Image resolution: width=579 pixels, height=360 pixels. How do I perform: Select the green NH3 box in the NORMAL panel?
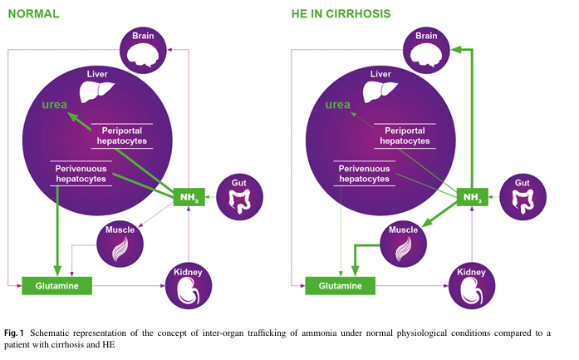tap(189, 197)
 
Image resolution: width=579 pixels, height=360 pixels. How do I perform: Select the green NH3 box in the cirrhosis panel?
tap(473, 197)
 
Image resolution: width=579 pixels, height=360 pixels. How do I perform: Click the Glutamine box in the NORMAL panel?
tap(57, 286)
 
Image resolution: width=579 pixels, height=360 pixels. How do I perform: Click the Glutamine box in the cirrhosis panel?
tap(341, 286)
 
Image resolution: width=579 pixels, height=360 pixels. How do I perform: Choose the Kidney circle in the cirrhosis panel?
tap(472, 284)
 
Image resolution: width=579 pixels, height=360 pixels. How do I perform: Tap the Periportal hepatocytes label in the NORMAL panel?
tap(125, 136)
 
